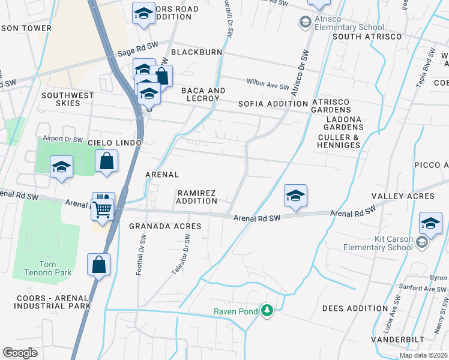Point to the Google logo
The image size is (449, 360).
pos(20,352)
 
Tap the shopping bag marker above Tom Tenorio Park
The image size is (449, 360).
pos(98,265)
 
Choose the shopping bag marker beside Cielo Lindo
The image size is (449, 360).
pos(106,161)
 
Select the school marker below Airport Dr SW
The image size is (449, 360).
pos(61,168)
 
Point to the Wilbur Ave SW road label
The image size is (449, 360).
pos(268,83)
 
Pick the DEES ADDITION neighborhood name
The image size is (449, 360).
pos(355,308)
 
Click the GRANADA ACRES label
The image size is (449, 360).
pos(165,226)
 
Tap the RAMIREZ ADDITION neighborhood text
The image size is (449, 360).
pos(197,197)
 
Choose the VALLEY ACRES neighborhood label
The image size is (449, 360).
pos(403,196)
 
